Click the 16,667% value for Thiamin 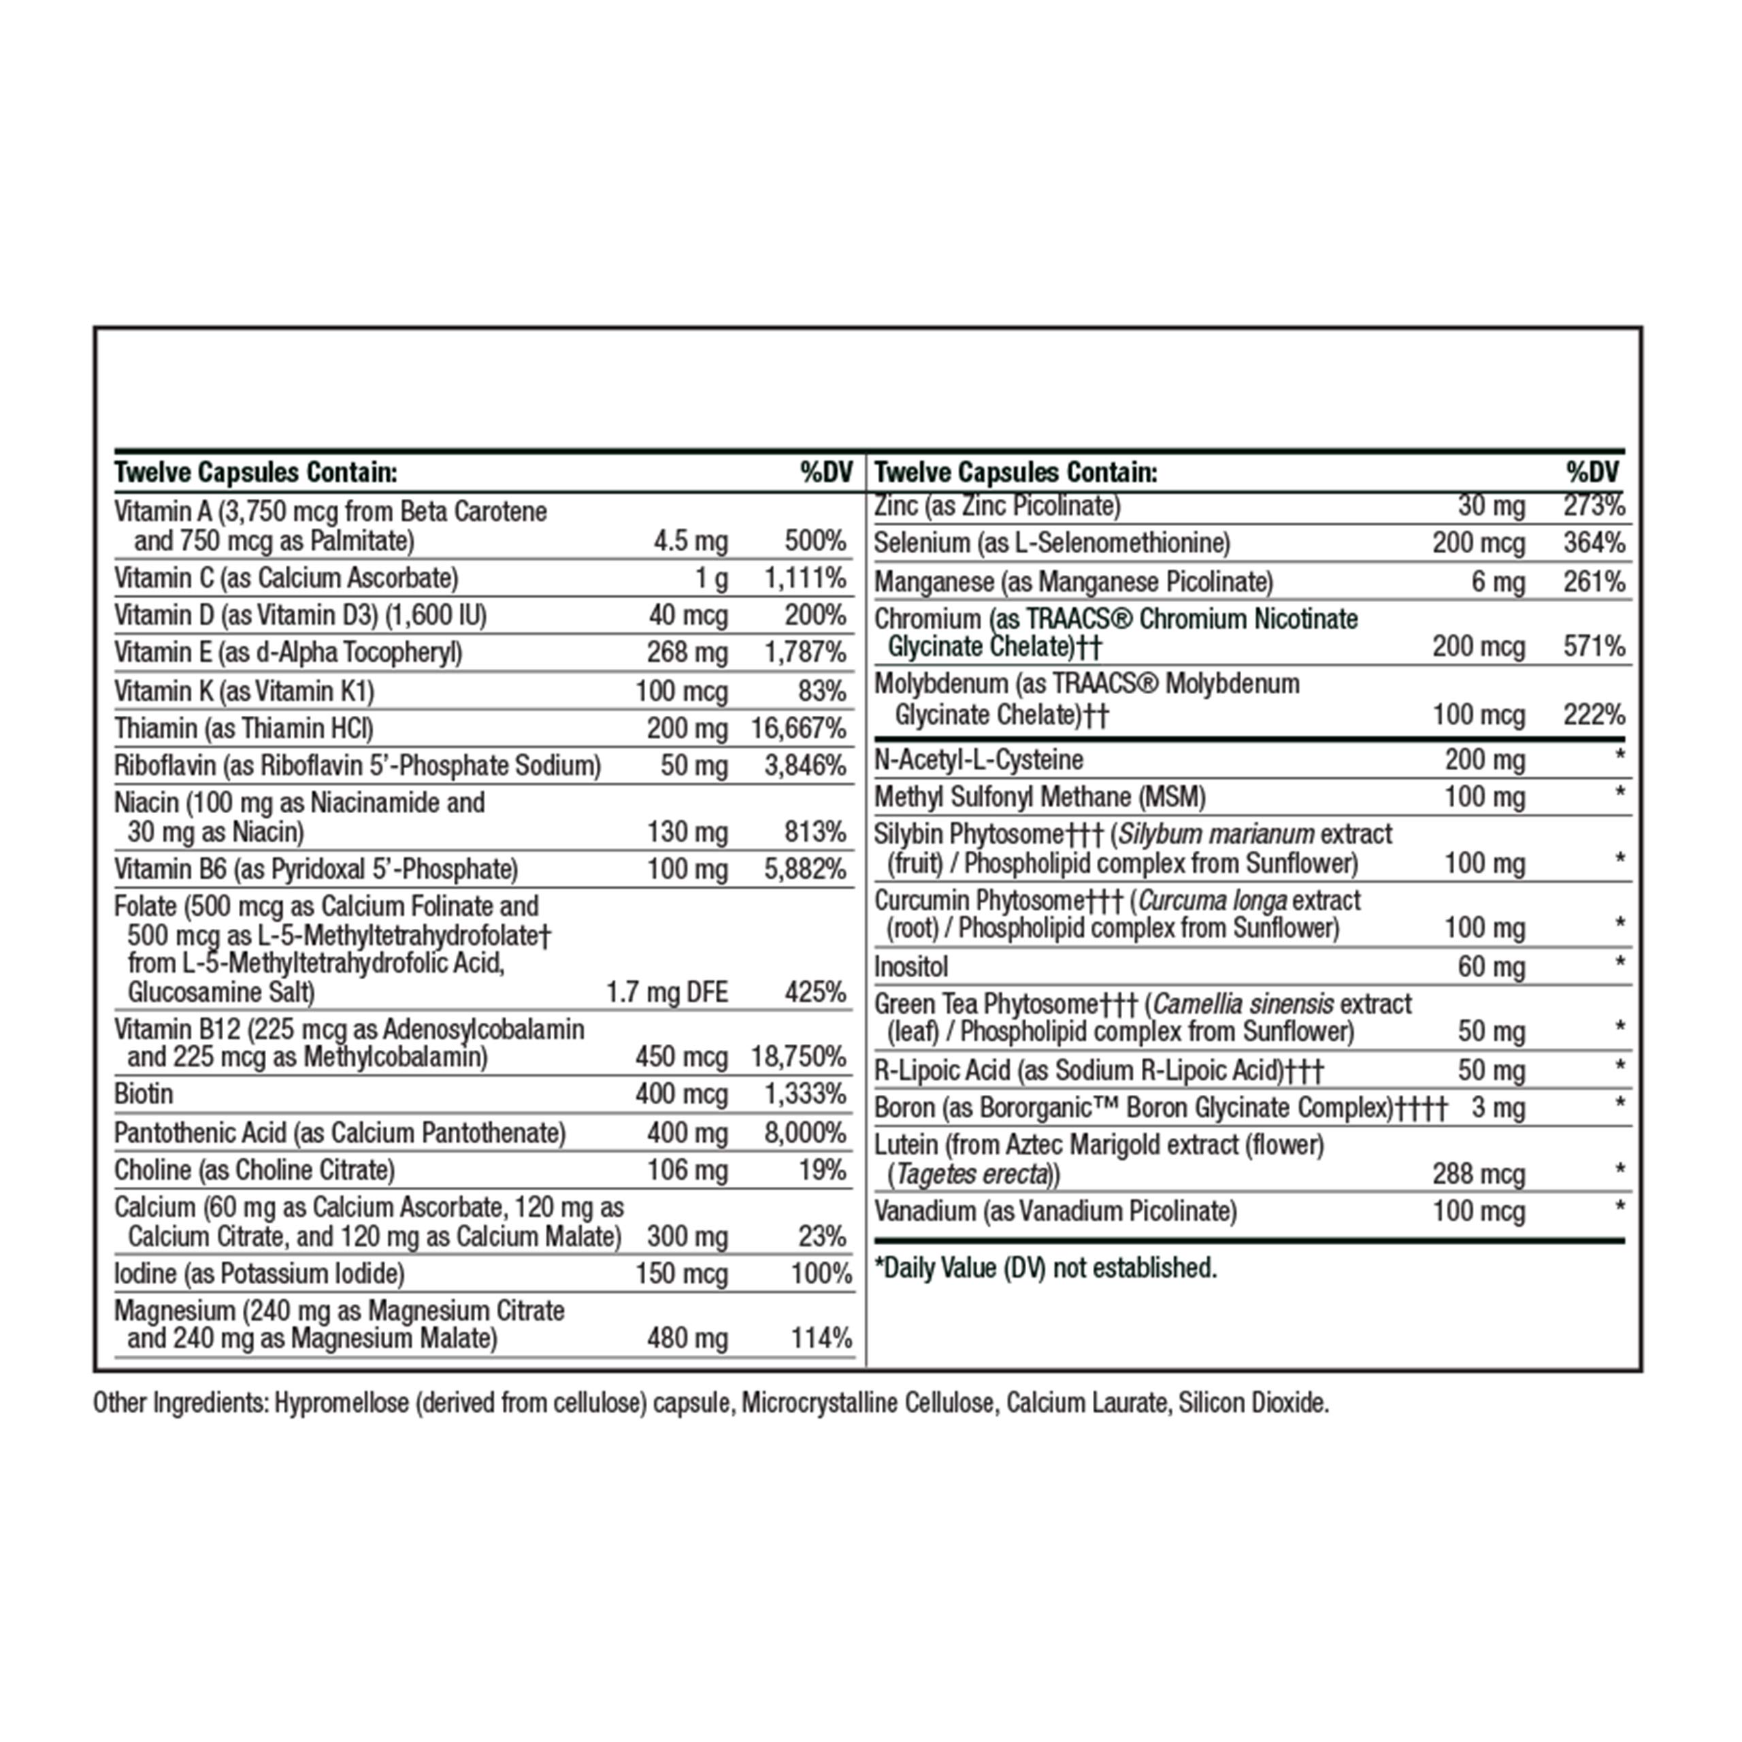pos(798,729)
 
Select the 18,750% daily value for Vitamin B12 pos(798,1057)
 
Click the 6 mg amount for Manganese pos(1498,582)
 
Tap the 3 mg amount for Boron pos(1498,1108)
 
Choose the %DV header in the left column pos(826,472)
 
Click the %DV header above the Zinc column pos(1592,472)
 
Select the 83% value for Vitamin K pos(821,691)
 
